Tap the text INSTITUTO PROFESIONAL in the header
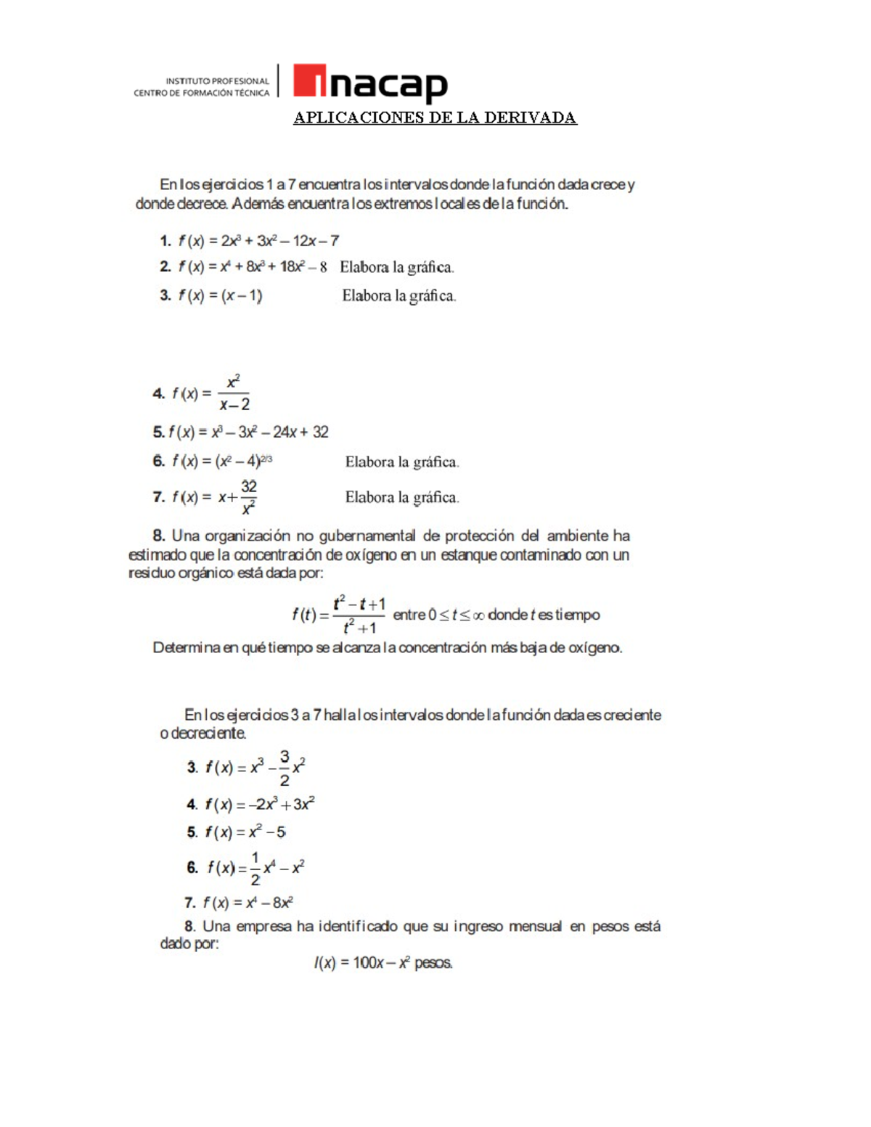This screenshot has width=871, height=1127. tap(217, 81)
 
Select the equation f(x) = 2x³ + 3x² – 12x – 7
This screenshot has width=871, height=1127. tap(258, 241)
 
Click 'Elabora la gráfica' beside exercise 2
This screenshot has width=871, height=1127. tap(397, 267)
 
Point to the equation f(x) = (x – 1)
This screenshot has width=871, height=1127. tap(220, 295)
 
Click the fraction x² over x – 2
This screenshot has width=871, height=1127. tap(234, 393)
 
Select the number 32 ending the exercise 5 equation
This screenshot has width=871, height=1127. tap(320, 433)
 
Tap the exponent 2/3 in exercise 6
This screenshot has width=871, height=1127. tap(266, 459)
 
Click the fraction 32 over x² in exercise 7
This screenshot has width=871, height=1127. tap(248, 497)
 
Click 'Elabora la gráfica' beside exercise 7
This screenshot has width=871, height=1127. tap(402, 498)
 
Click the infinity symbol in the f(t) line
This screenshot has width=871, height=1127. tap(478, 615)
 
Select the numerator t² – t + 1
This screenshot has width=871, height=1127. tap(359, 604)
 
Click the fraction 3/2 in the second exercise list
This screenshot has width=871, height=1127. tap(284, 769)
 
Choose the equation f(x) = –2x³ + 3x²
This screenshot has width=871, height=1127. tap(259, 805)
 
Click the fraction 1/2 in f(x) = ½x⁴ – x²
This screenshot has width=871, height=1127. tap(255, 868)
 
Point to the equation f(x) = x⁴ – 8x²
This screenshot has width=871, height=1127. tap(248, 903)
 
